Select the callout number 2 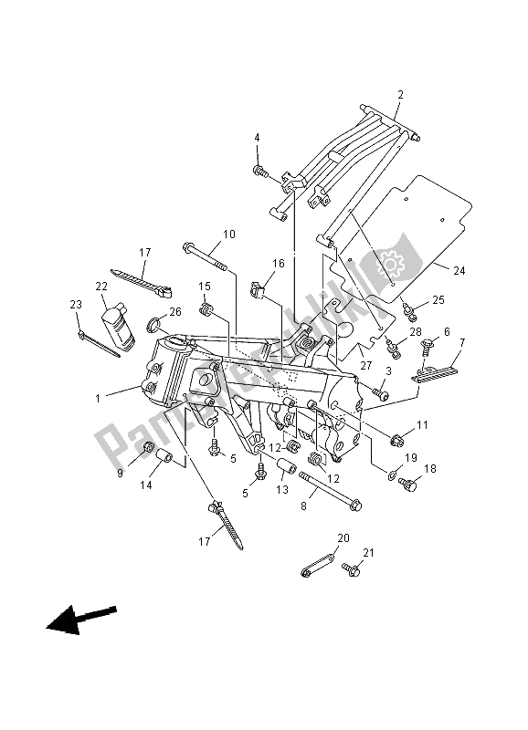click(x=399, y=95)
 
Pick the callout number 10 click(x=228, y=235)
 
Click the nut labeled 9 click(x=147, y=447)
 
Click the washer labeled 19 click(x=391, y=475)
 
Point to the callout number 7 click(x=462, y=342)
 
